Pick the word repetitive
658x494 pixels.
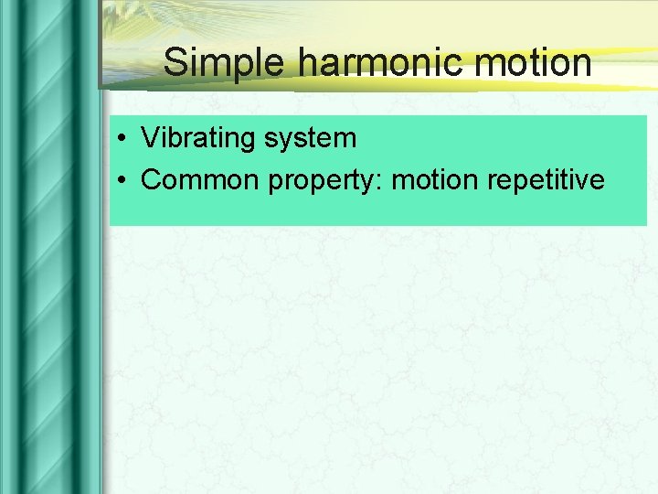point(546,181)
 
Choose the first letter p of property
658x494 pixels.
point(274,183)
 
